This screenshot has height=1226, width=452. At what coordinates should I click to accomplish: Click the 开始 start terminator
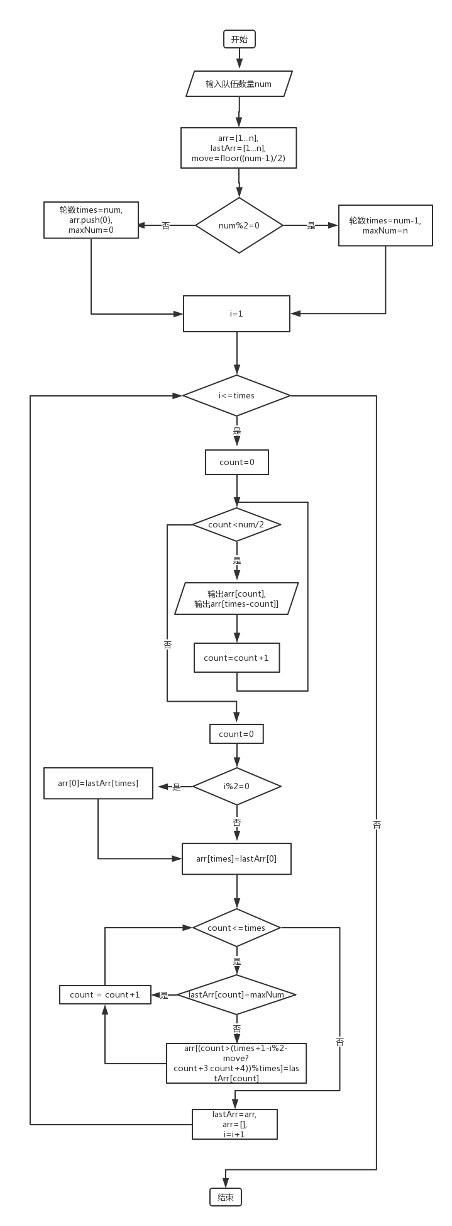pos(240,39)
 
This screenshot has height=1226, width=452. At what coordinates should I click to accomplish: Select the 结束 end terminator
pos(225,1197)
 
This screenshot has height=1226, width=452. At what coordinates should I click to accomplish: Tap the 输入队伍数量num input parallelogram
pos(239,84)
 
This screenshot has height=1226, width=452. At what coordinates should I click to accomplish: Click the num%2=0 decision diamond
pos(239,225)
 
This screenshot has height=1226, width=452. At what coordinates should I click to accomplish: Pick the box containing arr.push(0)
pos(91,220)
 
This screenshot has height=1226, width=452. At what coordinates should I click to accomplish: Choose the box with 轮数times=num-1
pos(385,225)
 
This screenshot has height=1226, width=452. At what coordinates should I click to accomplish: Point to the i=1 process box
pos(236,313)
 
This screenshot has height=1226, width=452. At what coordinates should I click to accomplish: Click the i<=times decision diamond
pos(236,395)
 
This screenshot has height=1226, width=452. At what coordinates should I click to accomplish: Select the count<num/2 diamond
pos(236,524)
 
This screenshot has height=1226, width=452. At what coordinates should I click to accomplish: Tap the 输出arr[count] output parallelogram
pos(236,599)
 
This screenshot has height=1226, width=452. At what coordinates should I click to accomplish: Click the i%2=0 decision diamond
pos(236,786)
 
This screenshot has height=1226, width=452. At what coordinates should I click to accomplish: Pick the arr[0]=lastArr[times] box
pos(98,784)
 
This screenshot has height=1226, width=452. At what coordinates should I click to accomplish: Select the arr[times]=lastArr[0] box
pos(236,858)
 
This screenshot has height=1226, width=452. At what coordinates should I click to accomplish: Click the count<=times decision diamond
pos(236,928)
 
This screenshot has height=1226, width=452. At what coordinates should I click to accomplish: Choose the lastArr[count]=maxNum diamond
pos(236,995)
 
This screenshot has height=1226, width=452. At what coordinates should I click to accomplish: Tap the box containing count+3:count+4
pos(236,1063)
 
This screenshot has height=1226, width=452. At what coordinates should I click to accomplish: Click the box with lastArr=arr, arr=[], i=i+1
pos(234,1124)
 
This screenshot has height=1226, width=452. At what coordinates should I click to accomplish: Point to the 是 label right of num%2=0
pos(311,226)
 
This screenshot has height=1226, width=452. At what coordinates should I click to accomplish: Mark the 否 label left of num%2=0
pos(166,226)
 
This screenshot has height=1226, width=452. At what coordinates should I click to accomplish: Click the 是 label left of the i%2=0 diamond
pos(177,787)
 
